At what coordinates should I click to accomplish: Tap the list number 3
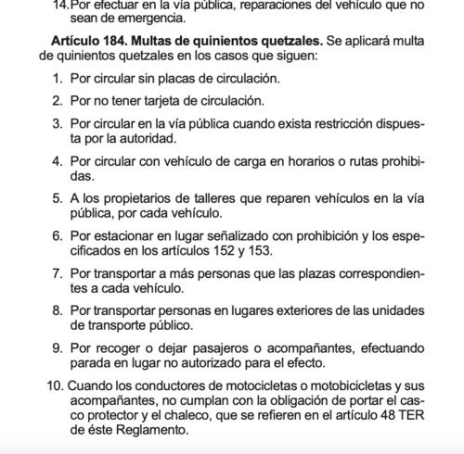click(58, 122)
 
